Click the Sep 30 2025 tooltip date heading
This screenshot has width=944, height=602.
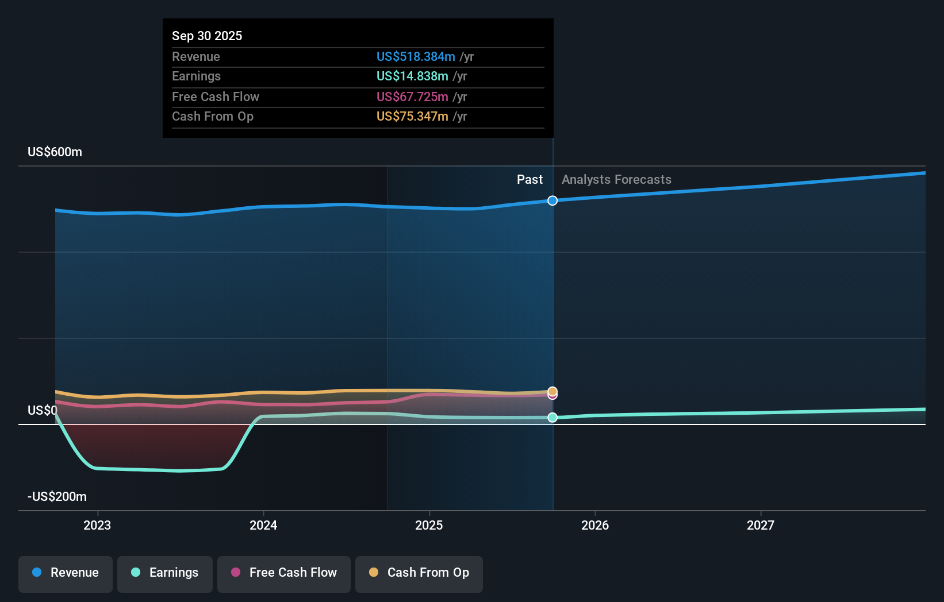pyautogui.click(x=207, y=36)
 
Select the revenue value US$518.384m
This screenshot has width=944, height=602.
pyautogui.click(x=415, y=56)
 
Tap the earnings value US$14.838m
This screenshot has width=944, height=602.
pyautogui.click(x=412, y=76)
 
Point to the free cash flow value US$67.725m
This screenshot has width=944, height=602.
pyautogui.click(x=412, y=97)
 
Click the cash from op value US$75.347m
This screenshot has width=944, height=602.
pyautogui.click(x=412, y=116)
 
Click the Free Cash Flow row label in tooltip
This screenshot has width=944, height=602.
pyautogui.click(x=216, y=97)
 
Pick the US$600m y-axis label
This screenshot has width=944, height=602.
pyautogui.click(x=55, y=152)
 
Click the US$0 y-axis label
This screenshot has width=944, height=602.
pyautogui.click(x=42, y=410)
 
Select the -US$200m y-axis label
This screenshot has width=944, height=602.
pyautogui.click(x=57, y=496)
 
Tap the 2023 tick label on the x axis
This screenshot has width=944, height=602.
pyautogui.click(x=97, y=525)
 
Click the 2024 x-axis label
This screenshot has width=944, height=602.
pyautogui.click(x=263, y=525)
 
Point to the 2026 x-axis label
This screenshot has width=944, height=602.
pyautogui.click(x=594, y=525)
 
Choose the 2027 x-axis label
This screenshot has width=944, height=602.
pyautogui.click(x=760, y=525)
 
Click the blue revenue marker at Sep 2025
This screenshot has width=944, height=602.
pyautogui.click(x=552, y=200)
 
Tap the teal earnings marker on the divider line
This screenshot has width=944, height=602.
pyautogui.click(x=552, y=418)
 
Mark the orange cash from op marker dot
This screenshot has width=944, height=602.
pyautogui.click(x=552, y=391)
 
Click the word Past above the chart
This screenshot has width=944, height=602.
pyautogui.click(x=529, y=179)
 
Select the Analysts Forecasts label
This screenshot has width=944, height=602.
pyautogui.click(x=616, y=179)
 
